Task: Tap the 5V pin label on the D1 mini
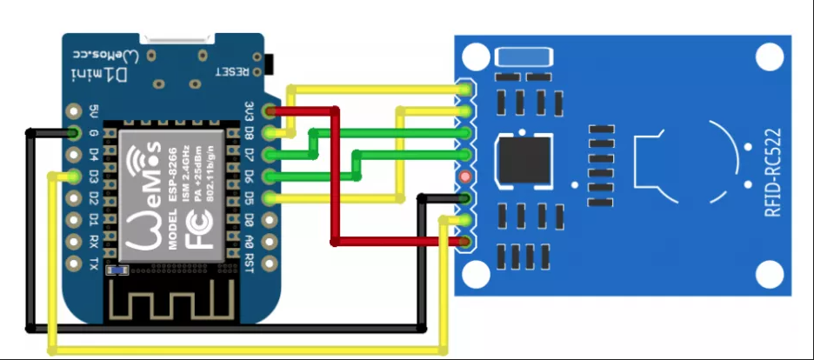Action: pos(94,111)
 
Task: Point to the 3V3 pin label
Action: pos(250,111)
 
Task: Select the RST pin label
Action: pos(250,262)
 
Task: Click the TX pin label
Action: pos(94,262)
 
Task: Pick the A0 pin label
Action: pos(250,241)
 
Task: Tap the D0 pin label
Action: pos(250,219)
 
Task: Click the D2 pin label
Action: pos(94,197)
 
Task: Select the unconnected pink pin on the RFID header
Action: pos(466,177)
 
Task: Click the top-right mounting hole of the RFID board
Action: pos(769,58)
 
